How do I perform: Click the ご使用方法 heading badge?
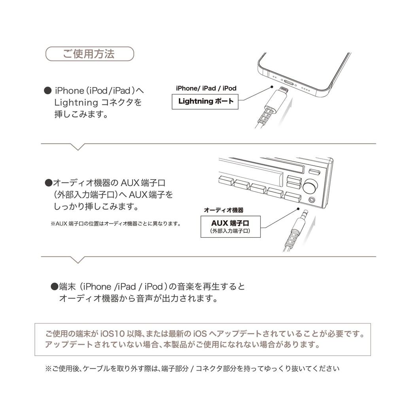click(x=90, y=54)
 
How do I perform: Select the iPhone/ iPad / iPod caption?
click(x=206, y=88)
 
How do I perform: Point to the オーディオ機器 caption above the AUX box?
click(x=223, y=210)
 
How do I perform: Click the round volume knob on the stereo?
click(x=311, y=185)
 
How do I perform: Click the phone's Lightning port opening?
click(x=289, y=83)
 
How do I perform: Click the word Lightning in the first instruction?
click(x=76, y=103)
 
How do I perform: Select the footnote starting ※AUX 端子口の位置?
click(x=115, y=224)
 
